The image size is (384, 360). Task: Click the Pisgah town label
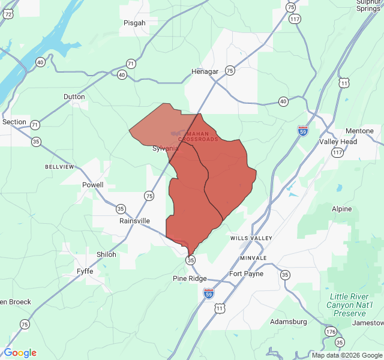pyautogui.click(x=134, y=23)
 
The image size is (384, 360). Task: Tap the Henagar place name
pyautogui.click(x=205, y=71)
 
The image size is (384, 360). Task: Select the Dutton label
pyautogui.click(x=74, y=97)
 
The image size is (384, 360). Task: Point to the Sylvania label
pyautogui.click(x=165, y=148)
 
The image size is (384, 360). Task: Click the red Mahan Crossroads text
pyautogui.click(x=199, y=136)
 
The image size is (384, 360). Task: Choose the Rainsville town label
pyautogui.click(x=134, y=221)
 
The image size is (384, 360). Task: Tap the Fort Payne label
pyautogui.click(x=247, y=274)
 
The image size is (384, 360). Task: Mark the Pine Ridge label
pyautogui.click(x=190, y=278)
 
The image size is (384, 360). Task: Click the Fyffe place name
pyautogui.click(x=85, y=271)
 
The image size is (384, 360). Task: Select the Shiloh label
pyautogui.click(x=106, y=254)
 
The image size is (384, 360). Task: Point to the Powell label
pyautogui.click(x=93, y=185)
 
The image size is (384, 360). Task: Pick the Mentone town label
pyautogui.click(x=359, y=131)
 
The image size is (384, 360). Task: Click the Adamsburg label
pyautogui.click(x=289, y=322)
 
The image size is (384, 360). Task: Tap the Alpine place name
pyautogui.click(x=342, y=209)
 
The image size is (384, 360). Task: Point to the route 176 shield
pyautogui.click(x=331, y=331)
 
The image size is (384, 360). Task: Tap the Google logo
pyautogui.click(x=20, y=353)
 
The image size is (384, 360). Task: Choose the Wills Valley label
pyautogui.click(x=247, y=238)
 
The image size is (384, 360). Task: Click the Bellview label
pyautogui.click(x=59, y=166)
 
